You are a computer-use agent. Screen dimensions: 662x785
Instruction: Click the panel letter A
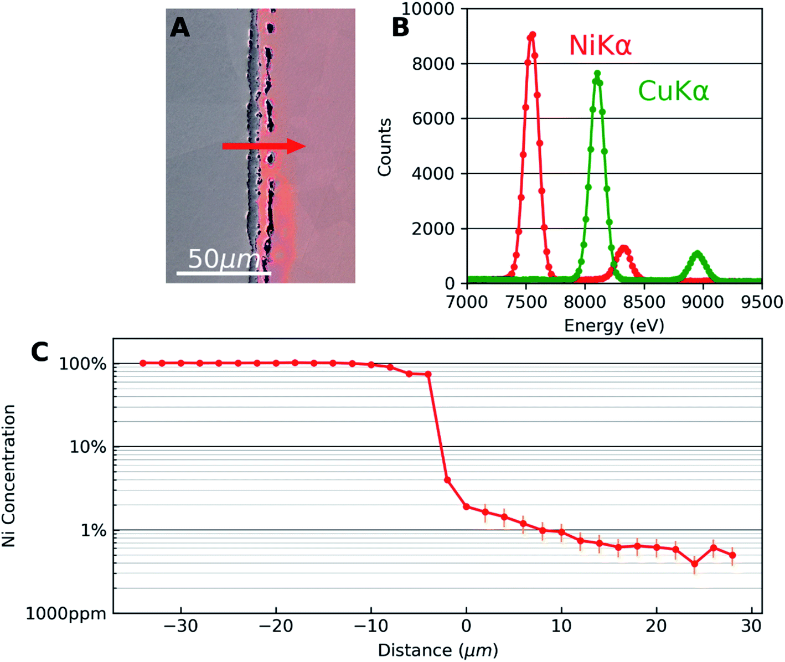tap(180, 28)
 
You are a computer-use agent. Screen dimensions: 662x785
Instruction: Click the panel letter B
tap(400, 28)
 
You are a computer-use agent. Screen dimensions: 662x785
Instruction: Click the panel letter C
tap(40, 351)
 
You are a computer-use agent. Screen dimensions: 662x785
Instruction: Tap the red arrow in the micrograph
tap(264, 146)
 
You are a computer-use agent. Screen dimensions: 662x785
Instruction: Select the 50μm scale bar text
tap(224, 259)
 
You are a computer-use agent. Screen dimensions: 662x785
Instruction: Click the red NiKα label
tap(600, 45)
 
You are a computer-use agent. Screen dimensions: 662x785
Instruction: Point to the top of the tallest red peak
tap(532, 35)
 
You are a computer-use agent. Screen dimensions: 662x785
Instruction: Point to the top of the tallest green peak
tap(597, 74)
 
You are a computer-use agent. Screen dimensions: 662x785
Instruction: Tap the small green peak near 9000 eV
tap(697, 254)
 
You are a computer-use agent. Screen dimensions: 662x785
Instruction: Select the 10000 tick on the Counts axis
tap(427, 9)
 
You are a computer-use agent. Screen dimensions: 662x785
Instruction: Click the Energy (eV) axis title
tap(614, 325)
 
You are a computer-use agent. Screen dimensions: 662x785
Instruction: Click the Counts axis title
tap(384, 147)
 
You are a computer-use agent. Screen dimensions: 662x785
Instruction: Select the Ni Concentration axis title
tap(9, 475)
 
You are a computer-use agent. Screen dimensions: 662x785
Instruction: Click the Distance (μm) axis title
tap(437, 650)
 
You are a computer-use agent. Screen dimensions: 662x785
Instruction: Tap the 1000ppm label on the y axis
tap(66, 613)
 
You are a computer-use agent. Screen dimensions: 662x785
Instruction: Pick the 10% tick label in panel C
tap(87, 447)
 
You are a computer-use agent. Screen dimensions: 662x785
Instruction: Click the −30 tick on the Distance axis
tap(180, 626)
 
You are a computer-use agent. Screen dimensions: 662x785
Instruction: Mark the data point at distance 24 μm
tap(694, 564)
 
